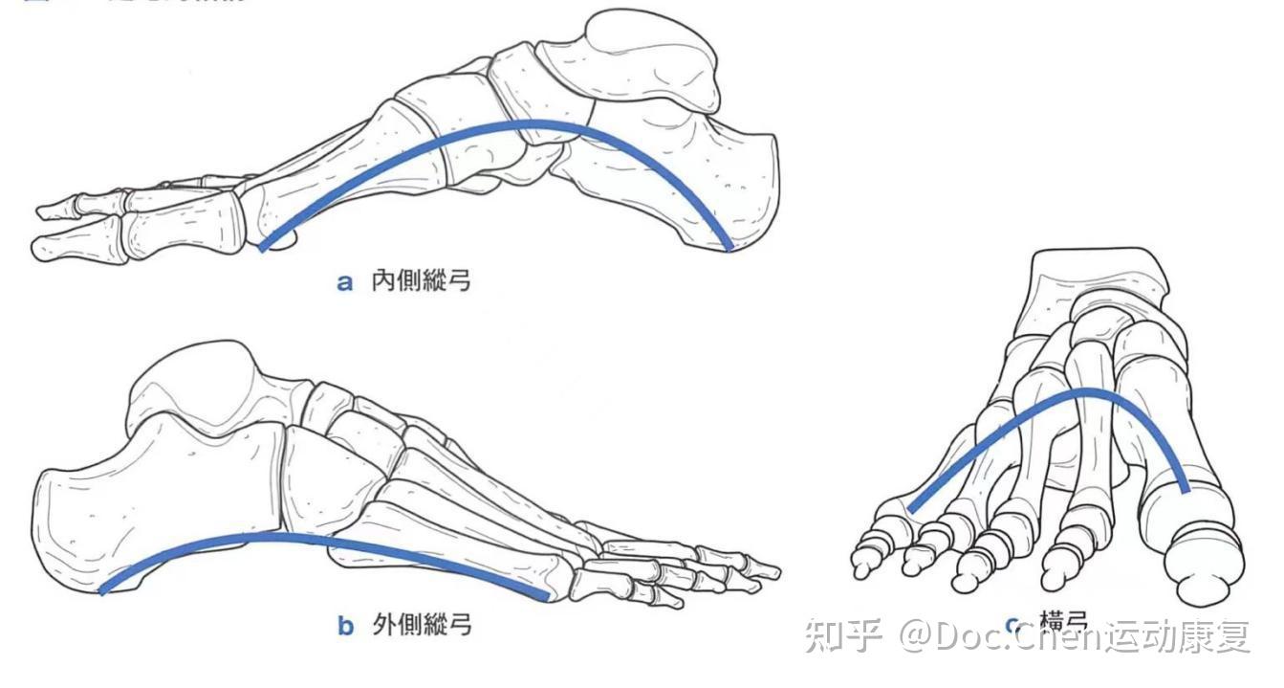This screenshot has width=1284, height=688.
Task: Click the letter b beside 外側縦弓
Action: [345, 627]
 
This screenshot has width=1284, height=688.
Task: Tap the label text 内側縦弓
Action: [421, 281]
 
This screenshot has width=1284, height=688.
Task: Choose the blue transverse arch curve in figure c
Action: [1080, 392]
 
